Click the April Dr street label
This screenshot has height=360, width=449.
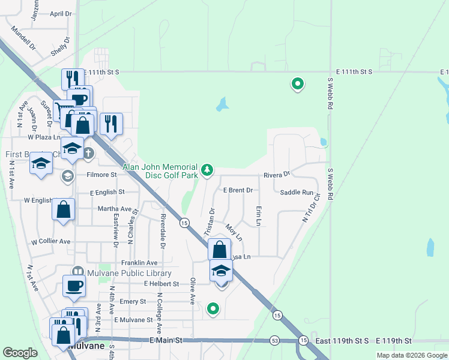pos(61,13)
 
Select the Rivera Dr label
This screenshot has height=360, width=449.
pos(277,175)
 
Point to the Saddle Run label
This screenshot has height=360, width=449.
pos(297,192)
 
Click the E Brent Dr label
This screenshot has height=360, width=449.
pos(238,190)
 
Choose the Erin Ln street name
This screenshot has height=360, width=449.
pos(259,216)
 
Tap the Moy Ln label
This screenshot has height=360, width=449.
pos(234,233)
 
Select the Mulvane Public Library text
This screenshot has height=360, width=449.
pos(125,273)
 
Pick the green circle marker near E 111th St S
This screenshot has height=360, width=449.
pos(297,84)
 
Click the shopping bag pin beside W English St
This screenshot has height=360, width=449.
pos(63,209)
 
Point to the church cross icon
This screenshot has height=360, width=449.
pos(88,153)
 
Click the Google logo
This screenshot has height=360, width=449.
pos(20,353)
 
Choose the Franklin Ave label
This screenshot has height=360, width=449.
pos(139,263)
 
